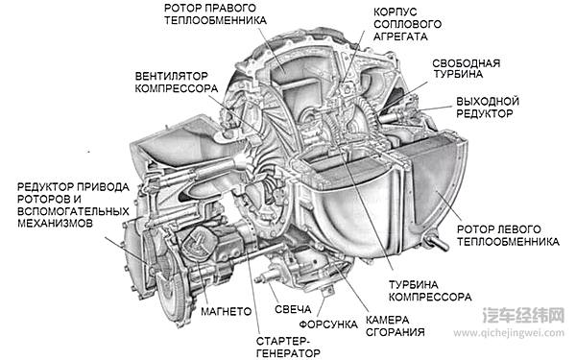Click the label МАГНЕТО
coord(226,311)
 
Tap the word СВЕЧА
coord(293,309)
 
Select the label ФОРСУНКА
coord(328,324)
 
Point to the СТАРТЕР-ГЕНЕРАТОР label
coord(288,348)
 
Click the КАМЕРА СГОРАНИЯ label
coord(395,325)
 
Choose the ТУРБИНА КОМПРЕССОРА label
coord(430,291)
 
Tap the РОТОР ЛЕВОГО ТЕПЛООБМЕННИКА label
coord(508,235)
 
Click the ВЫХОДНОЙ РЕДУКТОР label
coord(487,108)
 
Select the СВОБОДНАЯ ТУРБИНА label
coord(467,68)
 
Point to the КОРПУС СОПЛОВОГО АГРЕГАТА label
coord(407,24)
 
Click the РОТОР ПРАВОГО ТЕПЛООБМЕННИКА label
coord(215,14)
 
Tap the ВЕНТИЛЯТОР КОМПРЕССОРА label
coord(177,83)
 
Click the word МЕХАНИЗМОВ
coord(55,223)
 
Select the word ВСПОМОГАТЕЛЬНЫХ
coord(73,211)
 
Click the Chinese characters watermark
coord(523,315)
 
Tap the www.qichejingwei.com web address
coord(509,333)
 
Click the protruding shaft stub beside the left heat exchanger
coord(437,243)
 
